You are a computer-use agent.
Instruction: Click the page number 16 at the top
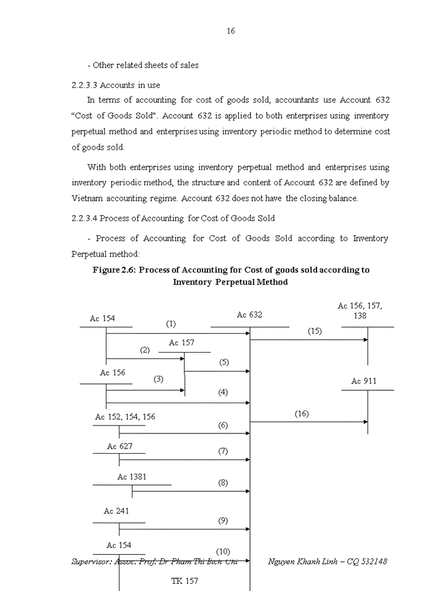click(230, 31)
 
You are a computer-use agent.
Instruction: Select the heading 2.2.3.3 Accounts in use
click(116, 85)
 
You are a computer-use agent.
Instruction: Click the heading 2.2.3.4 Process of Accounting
click(173, 218)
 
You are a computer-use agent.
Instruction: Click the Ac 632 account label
click(249, 315)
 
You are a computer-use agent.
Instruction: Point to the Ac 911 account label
click(364, 381)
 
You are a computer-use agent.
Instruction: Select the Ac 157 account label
click(182, 342)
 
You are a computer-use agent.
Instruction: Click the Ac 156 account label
click(113, 372)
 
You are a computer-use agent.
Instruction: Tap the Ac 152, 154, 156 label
click(125, 417)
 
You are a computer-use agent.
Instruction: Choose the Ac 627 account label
click(119, 446)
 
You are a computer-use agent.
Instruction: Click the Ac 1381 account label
click(132, 477)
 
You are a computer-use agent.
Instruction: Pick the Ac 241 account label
click(116, 511)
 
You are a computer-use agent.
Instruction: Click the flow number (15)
click(315, 331)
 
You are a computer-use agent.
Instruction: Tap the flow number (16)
click(302, 414)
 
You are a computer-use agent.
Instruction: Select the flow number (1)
click(171, 324)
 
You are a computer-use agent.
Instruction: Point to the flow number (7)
click(223, 451)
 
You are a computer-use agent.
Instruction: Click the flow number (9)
click(223, 520)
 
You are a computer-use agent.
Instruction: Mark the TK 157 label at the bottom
click(185, 581)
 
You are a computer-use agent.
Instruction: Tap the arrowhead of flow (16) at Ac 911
click(365, 422)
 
